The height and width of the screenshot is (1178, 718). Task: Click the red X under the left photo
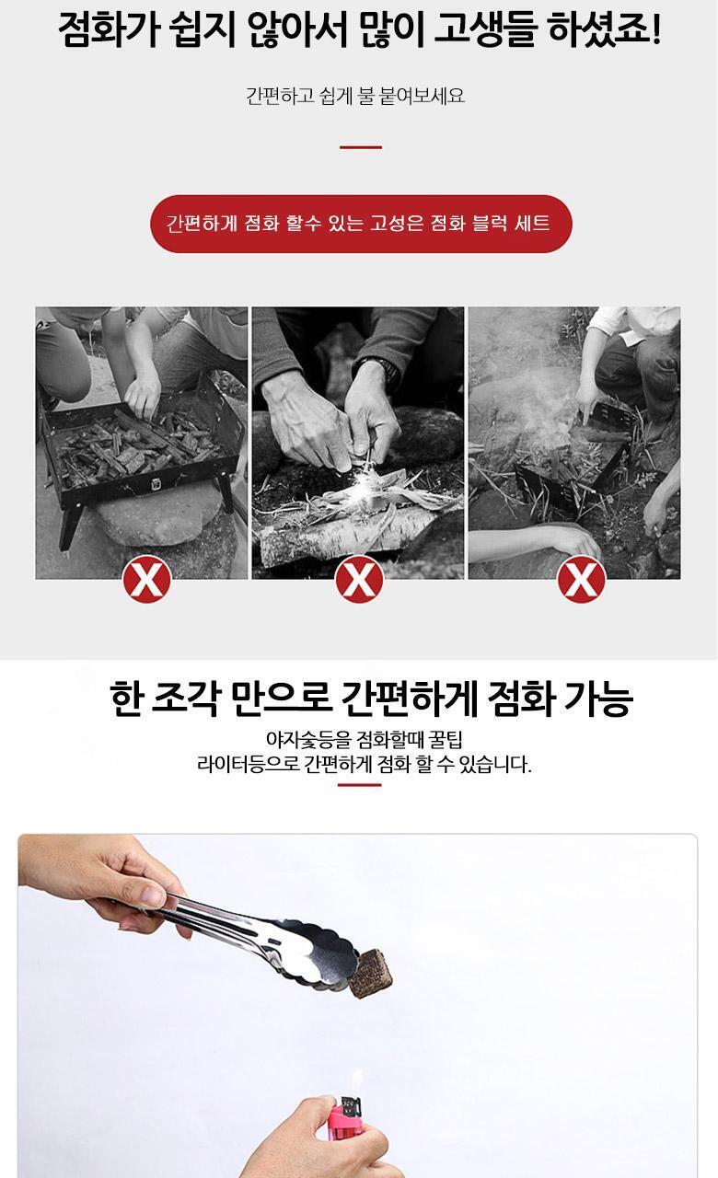(146, 579)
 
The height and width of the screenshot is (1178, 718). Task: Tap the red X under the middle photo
(359, 579)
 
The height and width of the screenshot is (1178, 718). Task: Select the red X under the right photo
(581, 579)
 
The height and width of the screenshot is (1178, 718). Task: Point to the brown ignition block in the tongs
(370, 973)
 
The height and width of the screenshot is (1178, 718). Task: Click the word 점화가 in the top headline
(109, 29)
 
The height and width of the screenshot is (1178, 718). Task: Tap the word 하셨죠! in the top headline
(603, 29)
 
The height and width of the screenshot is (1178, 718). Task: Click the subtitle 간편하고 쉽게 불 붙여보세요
(355, 96)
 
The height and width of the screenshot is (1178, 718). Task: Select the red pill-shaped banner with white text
(361, 224)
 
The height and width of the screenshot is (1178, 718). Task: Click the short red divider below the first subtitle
(361, 147)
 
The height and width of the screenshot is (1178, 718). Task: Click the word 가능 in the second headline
(598, 699)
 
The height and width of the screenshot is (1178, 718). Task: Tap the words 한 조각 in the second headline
(164, 699)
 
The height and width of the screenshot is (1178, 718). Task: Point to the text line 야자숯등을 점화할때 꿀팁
(364, 739)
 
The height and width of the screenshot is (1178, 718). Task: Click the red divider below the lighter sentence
(360, 785)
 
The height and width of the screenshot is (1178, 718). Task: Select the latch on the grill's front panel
(156, 484)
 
